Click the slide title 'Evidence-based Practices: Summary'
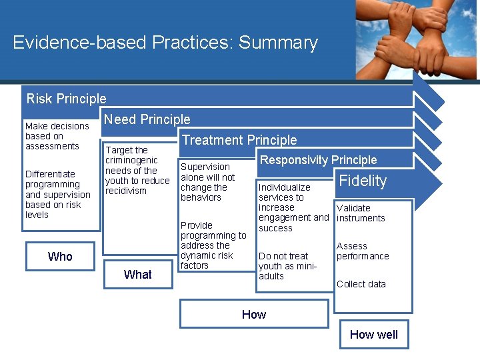tap(165, 43)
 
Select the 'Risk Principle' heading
tap(66, 99)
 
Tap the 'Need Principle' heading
tap(147, 119)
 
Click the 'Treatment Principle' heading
tap(239, 140)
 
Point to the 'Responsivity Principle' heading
tap(318, 160)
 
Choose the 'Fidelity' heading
tap(363, 181)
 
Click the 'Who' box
tap(60, 257)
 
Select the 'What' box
tap(137, 275)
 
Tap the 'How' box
tap(253, 315)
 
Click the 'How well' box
tap(373, 335)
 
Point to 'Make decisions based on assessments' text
tap(57, 136)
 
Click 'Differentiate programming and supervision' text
tap(57, 195)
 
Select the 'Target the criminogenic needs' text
tap(137, 171)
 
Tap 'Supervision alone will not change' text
tap(207, 182)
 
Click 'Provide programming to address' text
tap(213, 245)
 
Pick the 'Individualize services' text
tap(293, 207)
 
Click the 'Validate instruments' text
tap(361, 213)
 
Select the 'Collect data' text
tap(361, 284)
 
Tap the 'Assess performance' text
tap(362, 251)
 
